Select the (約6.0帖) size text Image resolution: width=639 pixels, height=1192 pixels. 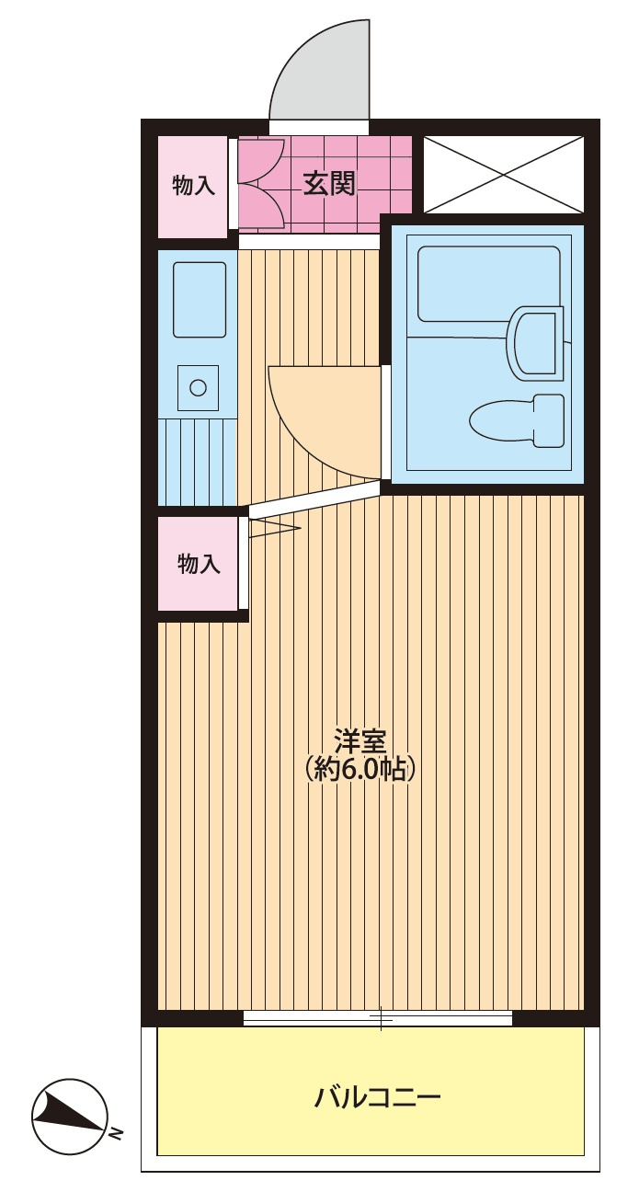click(359, 769)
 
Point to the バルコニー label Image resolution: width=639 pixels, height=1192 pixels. click(377, 1095)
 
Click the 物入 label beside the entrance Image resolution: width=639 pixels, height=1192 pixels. click(194, 186)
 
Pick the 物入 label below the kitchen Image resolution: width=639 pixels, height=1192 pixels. click(199, 564)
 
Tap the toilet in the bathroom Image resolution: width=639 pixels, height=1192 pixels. click(516, 420)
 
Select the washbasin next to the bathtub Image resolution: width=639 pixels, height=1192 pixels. click(535, 344)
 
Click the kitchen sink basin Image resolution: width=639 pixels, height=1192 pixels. click(200, 299)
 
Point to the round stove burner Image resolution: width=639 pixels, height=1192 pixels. click(198, 387)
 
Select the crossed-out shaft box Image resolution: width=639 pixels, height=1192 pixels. click(503, 175)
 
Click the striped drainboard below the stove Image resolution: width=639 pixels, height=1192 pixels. click(198, 462)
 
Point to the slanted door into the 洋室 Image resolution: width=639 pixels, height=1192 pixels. click(315, 499)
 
